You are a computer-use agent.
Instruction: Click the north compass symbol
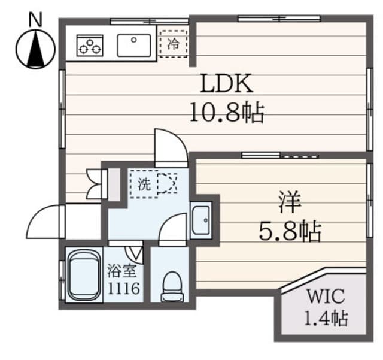[x=35, y=49]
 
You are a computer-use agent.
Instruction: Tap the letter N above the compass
[x=35, y=19]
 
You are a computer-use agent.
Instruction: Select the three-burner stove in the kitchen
[x=90, y=46]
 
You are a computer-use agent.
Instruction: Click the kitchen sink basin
[x=134, y=46]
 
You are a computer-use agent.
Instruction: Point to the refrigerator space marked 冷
[x=174, y=44]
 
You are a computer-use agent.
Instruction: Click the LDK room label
[x=226, y=83]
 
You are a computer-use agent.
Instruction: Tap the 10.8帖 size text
[x=227, y=113]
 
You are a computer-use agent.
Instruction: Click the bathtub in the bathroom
[x=84, y=275]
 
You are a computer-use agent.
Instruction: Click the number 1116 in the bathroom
[x=124, y=288]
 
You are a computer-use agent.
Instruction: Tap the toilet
[x=172, y=287]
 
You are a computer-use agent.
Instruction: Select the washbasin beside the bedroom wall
[x=201, y=220]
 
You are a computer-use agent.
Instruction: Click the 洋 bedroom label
[x=290, y=202]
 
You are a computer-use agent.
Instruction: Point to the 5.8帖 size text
[x=290, y=231]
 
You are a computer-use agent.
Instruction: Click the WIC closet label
[x=326, y=296]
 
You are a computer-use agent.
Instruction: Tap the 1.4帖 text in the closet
[x=326, y=318]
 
